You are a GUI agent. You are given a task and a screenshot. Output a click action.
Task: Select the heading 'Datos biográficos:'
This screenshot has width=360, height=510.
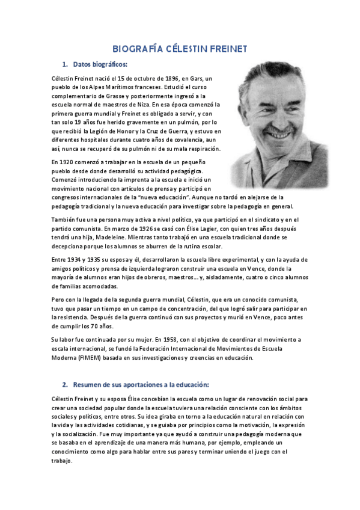tap(100, 64)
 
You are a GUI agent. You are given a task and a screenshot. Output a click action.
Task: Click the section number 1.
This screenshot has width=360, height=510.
tap(64, 64)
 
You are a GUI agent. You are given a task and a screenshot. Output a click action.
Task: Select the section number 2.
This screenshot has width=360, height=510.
tap(64, 384)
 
